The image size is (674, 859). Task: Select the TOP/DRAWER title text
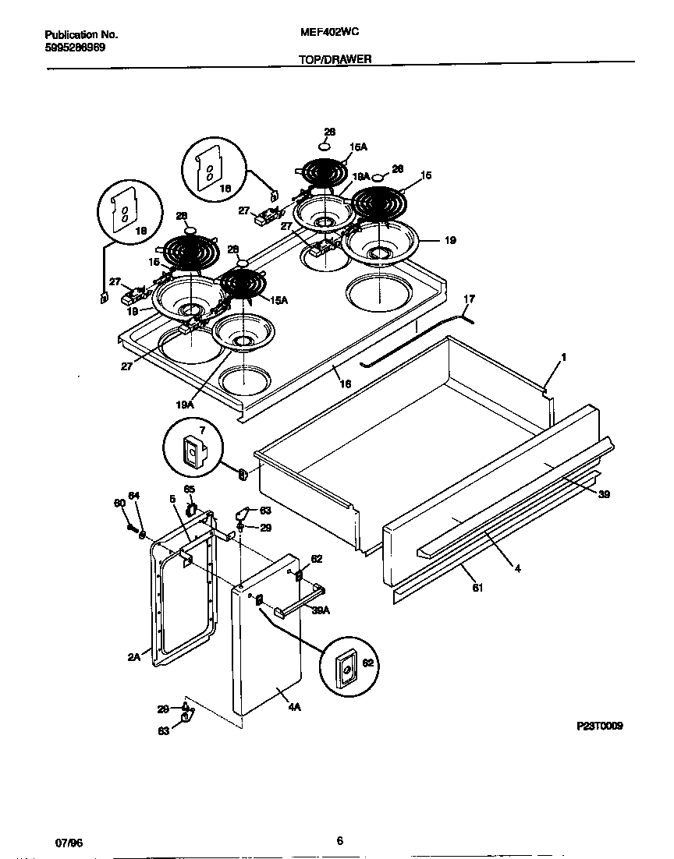coord(335,58)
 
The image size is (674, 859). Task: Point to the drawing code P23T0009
coord(600,726)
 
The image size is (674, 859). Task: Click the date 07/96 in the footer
coord(69,843)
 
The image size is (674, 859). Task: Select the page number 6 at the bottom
coord(339,840)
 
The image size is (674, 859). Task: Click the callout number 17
coord(469,299)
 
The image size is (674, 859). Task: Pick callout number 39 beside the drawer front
coord(604,494)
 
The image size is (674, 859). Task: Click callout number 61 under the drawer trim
coord(477,588)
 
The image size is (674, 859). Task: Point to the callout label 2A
coord(133,657)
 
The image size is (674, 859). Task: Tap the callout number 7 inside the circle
coord(201,430)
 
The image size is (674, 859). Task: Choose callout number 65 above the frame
coord(189,489)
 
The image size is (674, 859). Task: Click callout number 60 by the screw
coord(119,504)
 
